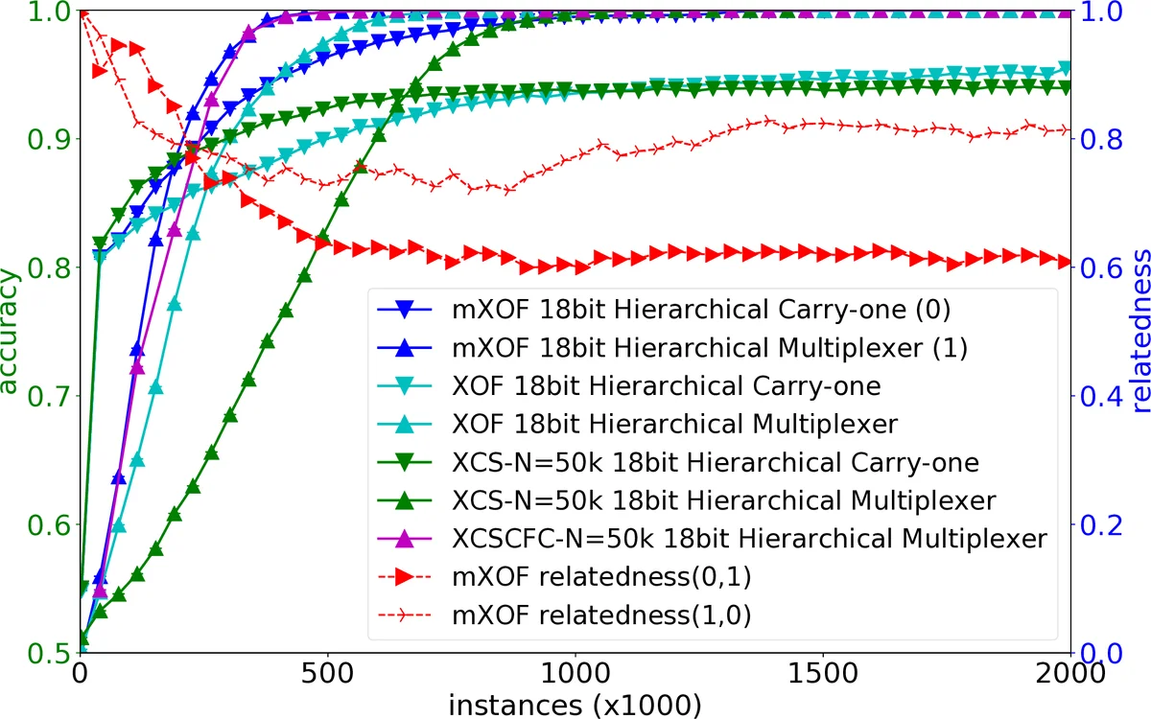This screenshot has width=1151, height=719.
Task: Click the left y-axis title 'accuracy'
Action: coord(12,331)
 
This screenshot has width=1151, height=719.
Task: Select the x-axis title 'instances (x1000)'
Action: coord(575,704)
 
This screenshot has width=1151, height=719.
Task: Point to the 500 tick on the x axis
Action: coord(328,673)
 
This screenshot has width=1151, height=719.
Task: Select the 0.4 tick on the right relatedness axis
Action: coord(1103,396)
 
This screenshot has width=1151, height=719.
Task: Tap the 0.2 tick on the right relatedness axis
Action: coord(1103,524)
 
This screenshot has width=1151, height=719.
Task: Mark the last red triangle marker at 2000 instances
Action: coord(1066,262)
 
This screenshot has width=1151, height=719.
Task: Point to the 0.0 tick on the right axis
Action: coord(1103,653)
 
